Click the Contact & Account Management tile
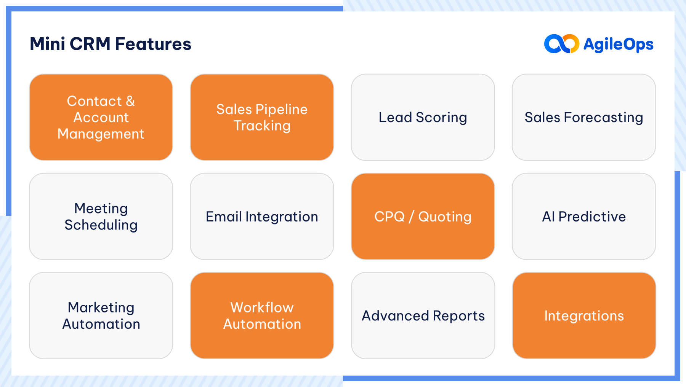101,117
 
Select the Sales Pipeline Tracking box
262,117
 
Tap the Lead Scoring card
423,117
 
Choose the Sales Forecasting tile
583,117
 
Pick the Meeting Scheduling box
101,217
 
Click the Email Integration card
262,217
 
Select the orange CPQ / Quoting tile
423,217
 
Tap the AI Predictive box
583,217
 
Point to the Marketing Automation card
101,315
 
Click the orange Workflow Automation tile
262,315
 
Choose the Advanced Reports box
423,315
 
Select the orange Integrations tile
583,315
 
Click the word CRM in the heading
90,44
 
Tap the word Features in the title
153,44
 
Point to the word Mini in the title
47,44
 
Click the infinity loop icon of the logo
561,44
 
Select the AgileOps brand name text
618,45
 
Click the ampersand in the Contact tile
130,101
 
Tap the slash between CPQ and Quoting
411,217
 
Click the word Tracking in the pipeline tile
262,126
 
